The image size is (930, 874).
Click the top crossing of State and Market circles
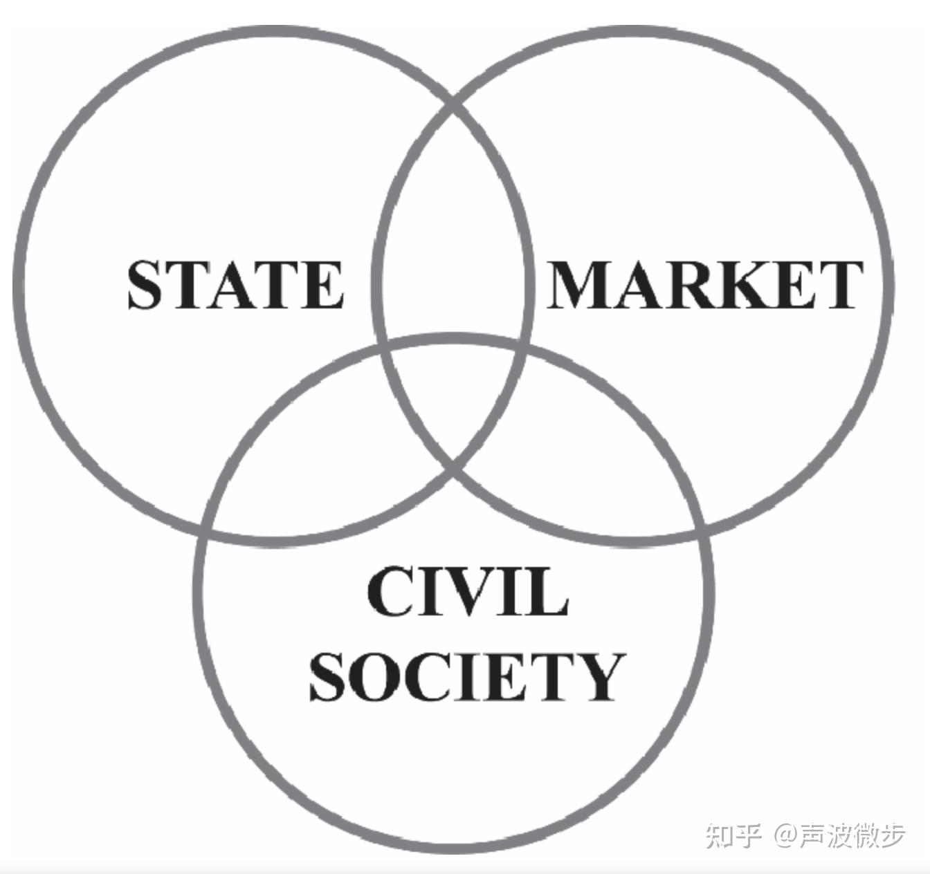(453, 104)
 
